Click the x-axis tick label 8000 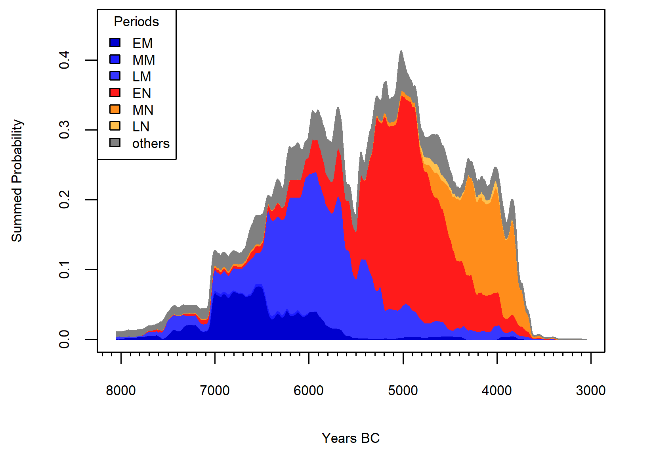click(121, 390)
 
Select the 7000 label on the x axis click(215, 390)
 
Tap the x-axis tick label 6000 click(309, 390)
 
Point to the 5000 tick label click(403, 390)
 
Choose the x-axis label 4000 click(497, 390)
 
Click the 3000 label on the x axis click(590, 390)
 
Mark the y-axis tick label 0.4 click(64, 60)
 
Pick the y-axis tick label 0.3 click(64, 130)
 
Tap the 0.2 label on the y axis click(64, 200)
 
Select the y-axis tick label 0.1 click(64, 269)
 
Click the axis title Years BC click(351, 438)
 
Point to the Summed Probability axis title click(17, 181)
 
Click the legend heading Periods click(136, 22)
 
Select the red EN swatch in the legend click(115, 92)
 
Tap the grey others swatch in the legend click(115, 142)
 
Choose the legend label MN click(143, 110)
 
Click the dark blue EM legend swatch click(115, 42)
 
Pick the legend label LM click(141, 77)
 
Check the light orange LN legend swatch click(115, 126)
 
